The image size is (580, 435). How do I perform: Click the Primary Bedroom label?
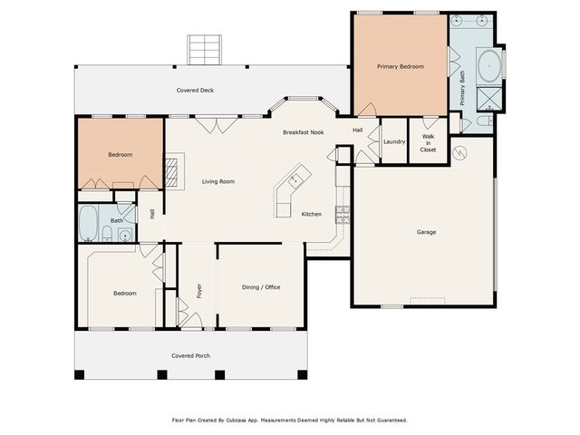pos(400,66)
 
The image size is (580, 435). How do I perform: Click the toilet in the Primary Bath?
pos(483,120)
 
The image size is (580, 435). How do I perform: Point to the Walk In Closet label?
pos(428,143)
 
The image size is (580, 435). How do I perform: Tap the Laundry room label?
pos(393,141)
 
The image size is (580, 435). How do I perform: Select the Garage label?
pos(426,232)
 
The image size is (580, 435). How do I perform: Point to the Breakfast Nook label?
pos(303,132)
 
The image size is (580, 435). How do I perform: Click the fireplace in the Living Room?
pos(172,169)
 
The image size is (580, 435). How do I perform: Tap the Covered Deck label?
pos(194,91)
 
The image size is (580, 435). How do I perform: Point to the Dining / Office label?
pos(261,287)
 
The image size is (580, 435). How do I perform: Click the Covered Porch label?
pos(190,355)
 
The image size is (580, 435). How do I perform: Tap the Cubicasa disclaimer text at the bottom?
pos(289,420)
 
